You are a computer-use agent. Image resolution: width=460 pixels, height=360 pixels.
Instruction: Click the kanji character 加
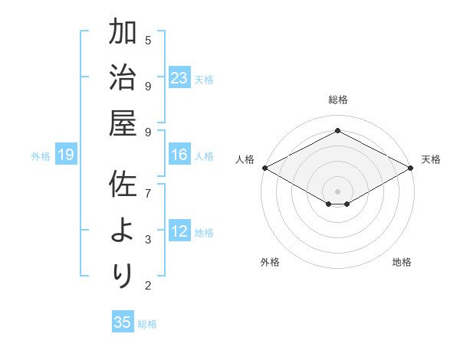(123, 34)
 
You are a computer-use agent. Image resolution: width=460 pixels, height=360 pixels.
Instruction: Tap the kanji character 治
(123, 78)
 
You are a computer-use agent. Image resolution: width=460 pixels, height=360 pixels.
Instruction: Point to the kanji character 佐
(123, 185)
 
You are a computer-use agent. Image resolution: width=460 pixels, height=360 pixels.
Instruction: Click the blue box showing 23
(179, 78)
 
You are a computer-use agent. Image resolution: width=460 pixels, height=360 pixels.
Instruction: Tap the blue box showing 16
(179, 155)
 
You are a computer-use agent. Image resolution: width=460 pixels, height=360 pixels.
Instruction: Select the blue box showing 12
(179, 232)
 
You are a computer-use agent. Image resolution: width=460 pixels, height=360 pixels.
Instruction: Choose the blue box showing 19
(66, 155)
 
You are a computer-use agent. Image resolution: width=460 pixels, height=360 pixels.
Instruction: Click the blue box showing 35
(122, 322)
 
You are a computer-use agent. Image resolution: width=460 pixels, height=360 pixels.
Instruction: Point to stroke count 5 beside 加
(148, 40)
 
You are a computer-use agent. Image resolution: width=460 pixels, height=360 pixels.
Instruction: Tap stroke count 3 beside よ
(148, 240)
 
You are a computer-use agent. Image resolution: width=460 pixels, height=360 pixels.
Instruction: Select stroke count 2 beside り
(148, 286)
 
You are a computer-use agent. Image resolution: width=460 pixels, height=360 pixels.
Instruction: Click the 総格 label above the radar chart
(337, 100)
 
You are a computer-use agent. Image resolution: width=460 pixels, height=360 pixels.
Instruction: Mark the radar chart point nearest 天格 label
(412, 168)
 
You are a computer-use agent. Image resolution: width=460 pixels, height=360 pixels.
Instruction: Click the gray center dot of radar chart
(337, 190)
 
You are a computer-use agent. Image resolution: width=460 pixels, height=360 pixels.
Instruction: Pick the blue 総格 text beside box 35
(147, 324)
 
